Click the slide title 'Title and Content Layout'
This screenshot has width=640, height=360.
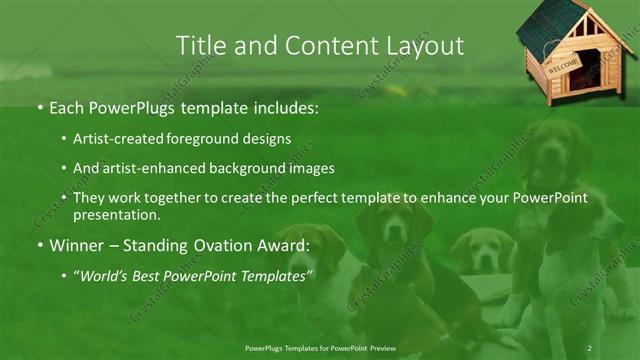click(x=319, y=45)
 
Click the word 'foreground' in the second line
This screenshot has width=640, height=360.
click(x=209, y=140)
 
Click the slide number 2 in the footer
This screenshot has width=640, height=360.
click(x=590, y=347)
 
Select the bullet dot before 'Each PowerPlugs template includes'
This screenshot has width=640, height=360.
click(x=39, y=105)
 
